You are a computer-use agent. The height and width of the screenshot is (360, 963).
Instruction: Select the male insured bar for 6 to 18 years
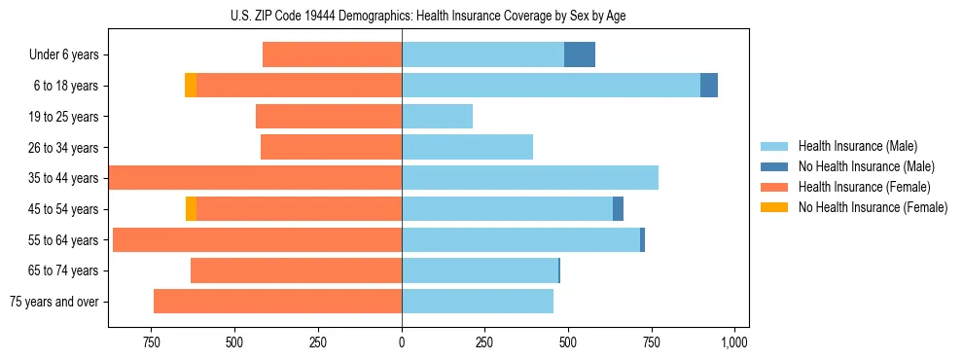[x=551, y=86]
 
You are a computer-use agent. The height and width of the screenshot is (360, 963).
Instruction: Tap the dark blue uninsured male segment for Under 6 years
[x=580, y=54]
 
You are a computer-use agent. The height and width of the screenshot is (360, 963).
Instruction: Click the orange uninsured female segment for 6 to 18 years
[x=191, y=86]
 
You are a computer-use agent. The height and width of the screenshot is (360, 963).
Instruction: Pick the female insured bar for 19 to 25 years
[x=329, y=117]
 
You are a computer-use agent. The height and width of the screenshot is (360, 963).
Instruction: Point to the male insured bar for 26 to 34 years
[x=467, y=147]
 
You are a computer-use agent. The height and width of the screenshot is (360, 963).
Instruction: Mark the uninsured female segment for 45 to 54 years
[x=192, y=209]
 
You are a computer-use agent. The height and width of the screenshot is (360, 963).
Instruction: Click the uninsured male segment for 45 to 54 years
[x=619, y=209]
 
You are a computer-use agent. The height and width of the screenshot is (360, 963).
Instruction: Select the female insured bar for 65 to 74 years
[x=297, y=270]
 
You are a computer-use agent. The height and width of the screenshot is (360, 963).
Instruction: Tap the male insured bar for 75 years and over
[x=478, y=302]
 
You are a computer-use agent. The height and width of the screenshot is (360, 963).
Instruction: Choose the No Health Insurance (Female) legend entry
[x=873, y=207]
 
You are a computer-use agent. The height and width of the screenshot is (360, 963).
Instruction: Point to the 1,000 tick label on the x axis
[x=733, y=342]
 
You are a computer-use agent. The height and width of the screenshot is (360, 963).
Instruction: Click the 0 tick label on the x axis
[x=402, y=342]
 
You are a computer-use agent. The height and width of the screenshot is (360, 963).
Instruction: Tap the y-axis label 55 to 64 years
[x=63, y=240]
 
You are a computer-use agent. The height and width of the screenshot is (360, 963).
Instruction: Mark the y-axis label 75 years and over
[x=54, y=302]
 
